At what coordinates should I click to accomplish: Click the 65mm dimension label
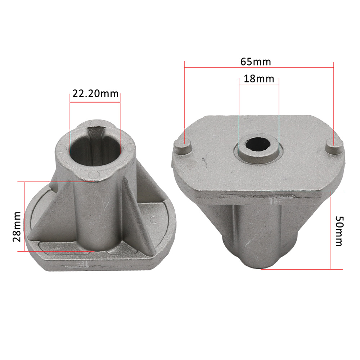click(256, 62)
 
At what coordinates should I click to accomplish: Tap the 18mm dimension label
click(259, 79)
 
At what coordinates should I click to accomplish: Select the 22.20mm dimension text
click(95, 94)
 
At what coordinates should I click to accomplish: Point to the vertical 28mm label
click(17, 226)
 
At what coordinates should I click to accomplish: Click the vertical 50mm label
click(339, 231)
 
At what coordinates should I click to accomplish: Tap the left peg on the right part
click(183, 147)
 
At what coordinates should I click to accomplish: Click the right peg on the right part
click(335, 147)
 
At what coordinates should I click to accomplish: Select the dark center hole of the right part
click(258, 144)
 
